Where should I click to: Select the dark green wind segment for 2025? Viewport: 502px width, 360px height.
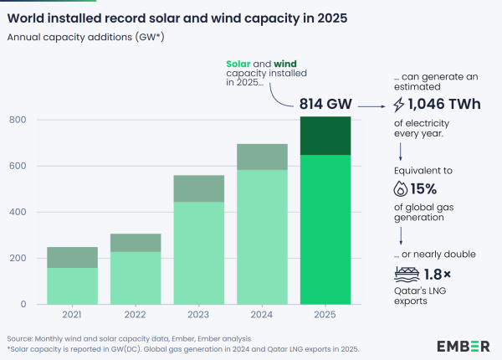pos(325,136)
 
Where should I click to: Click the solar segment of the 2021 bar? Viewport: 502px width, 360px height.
pos(72,285)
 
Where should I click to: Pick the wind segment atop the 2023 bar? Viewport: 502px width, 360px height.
pos(199,188)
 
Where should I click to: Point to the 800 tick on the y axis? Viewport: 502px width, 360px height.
pos(18,120)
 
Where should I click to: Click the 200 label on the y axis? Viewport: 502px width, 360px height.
pos(18,258)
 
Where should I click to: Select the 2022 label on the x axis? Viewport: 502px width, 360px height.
pos(136,316)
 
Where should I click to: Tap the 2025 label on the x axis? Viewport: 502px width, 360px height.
pos(325,316)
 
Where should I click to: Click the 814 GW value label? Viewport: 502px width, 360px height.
pos(325,105)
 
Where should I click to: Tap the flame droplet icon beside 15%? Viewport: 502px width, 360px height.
pos(400,189)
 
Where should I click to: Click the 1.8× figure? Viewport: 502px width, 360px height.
pos(438,273)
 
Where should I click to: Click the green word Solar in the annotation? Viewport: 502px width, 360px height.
pos(242,65)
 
